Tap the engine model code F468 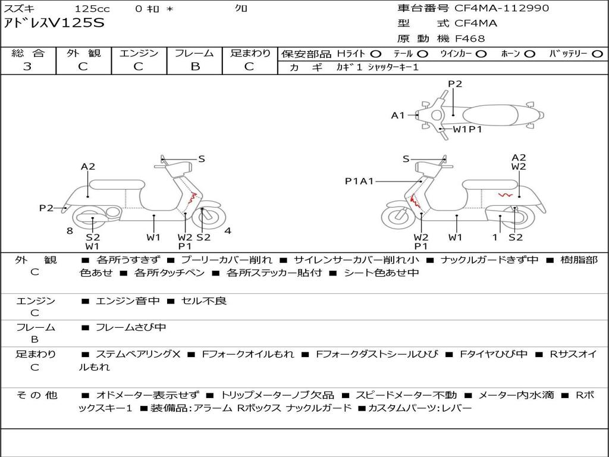pos(470,39)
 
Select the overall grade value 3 pos(27,67)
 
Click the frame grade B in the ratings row pos(194,67)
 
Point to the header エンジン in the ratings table pos(139,54)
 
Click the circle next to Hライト pos(376,54)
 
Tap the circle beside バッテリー pos(597,54)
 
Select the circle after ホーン pos(529,54)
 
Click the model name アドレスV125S pos(54,23)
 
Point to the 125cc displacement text pos(92,9)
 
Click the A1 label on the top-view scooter pos(397,115)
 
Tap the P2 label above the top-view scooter pos(455,84)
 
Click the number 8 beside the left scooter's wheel pos(70,231)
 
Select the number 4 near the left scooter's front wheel pos(228,231)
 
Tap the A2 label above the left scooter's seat pos(88,167)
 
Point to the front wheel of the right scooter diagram pos(398,218)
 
